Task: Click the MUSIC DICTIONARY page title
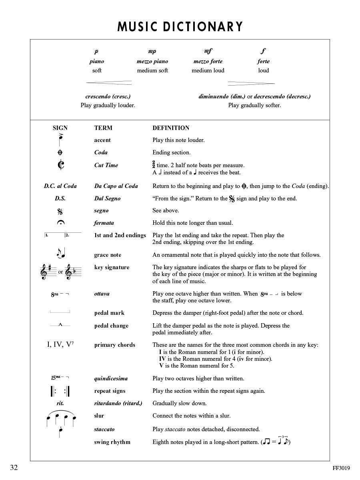click(180, 26)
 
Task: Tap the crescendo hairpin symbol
click(109, 83)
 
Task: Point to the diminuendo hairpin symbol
click(251, 84)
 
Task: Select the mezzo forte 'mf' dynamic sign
click(208, 51)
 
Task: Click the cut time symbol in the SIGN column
click(60, 165)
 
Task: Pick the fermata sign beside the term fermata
click(60, 223)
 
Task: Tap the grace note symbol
click(60, 254)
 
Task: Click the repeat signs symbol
click(60, 391)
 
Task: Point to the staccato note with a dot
click(60, 431)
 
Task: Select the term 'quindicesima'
click(111, 378)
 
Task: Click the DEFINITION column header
click(171, 128)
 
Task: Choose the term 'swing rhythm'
click(112, 442)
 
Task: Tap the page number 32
click(14, 468)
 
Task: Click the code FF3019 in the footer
click(341, 468)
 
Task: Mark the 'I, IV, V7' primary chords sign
click(60, 344)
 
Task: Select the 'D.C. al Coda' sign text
click(60, 186)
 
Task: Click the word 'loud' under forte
click(263, 70)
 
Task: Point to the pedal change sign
click(60, 325)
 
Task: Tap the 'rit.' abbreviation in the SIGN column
click(60, 403)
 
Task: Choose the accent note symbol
click(60, 140)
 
